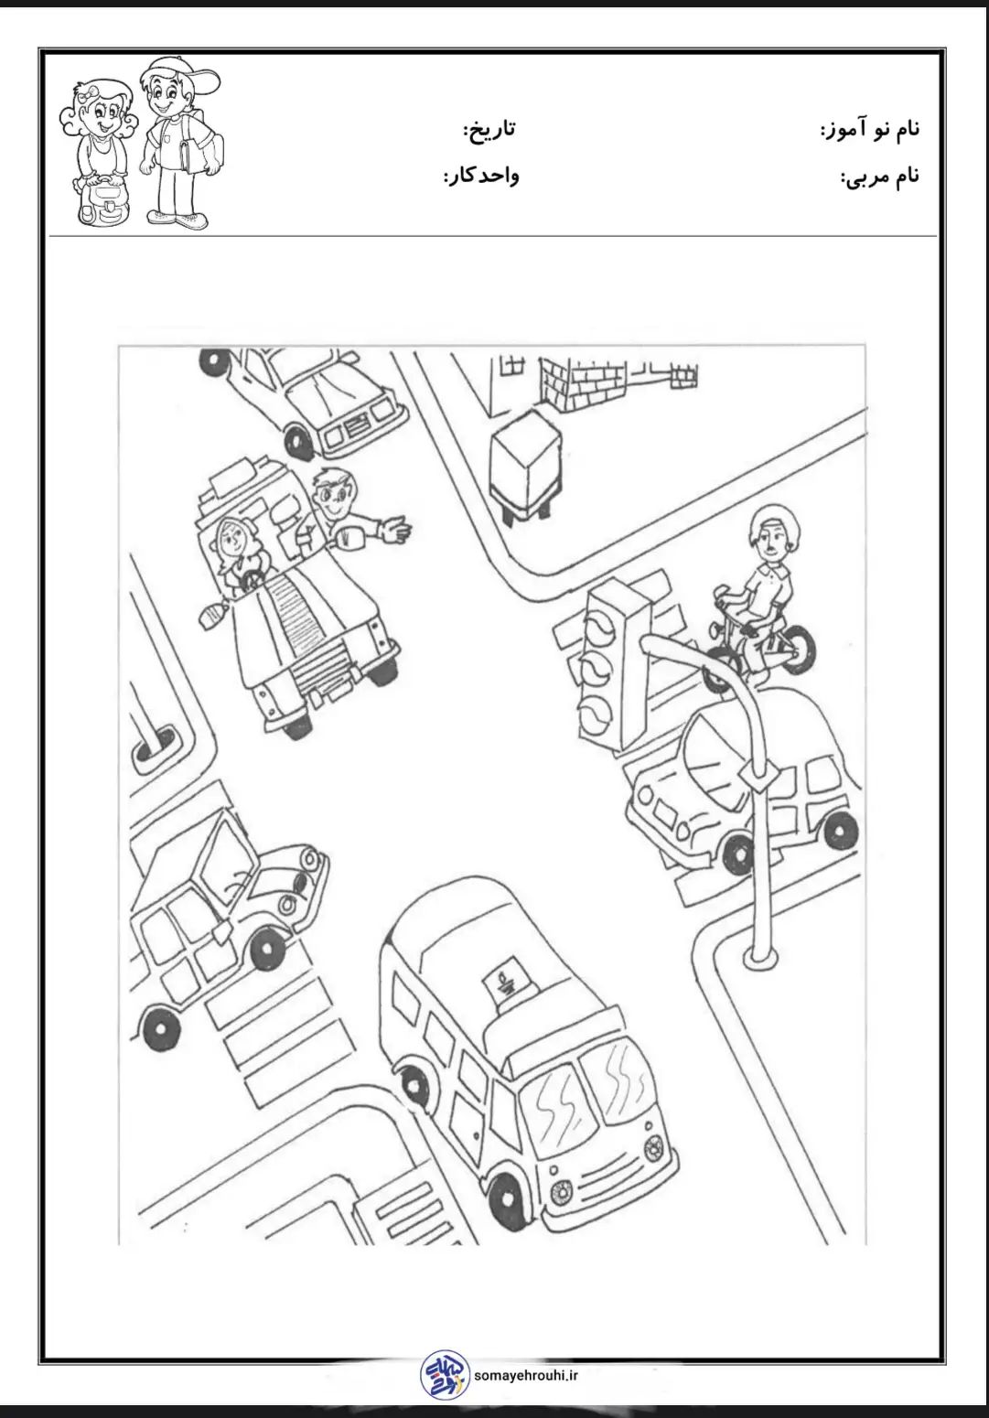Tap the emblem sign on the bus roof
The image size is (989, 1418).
tap(505, 981)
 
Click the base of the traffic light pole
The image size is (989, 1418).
tap(760, 957)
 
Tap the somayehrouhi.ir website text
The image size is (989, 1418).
tap(525, 1375)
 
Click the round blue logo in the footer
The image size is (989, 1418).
tap(445, 1374)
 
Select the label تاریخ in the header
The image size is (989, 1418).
tap(489, 128)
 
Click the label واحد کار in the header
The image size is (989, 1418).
tap(481, 176)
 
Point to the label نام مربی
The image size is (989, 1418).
tap(879, 176)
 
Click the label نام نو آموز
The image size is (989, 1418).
tap(870, 128)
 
